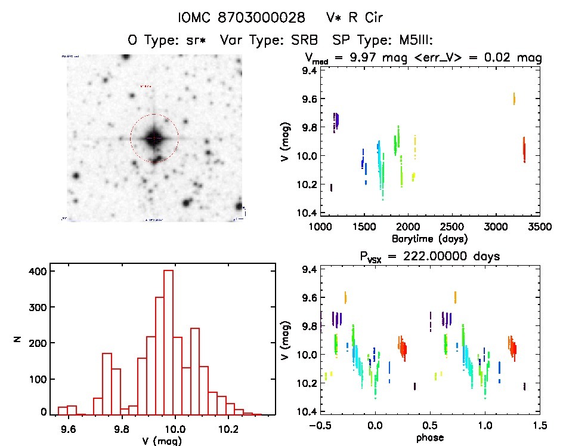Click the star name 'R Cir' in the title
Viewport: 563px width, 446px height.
coord(360,17)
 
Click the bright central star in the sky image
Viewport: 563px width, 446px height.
coord(154,138)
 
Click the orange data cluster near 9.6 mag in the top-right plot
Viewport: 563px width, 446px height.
coord(514,99)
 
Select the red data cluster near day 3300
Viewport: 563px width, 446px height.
coord(524,149)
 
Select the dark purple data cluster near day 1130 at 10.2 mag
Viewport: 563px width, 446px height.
coord(331,187)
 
